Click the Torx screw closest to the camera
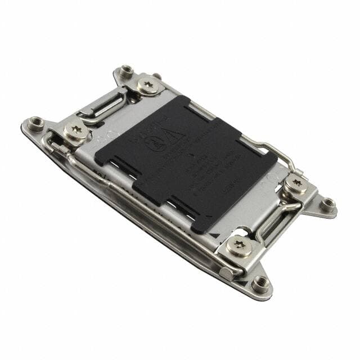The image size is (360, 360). pyautogui.click(x=239, y=246)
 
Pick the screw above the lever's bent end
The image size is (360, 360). pyautogui.click(x=76, y=130)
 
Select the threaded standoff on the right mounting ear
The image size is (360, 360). pyautogui.click(x=327, y=203)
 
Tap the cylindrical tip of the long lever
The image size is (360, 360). pyautogui.click(x=226, y=274)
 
